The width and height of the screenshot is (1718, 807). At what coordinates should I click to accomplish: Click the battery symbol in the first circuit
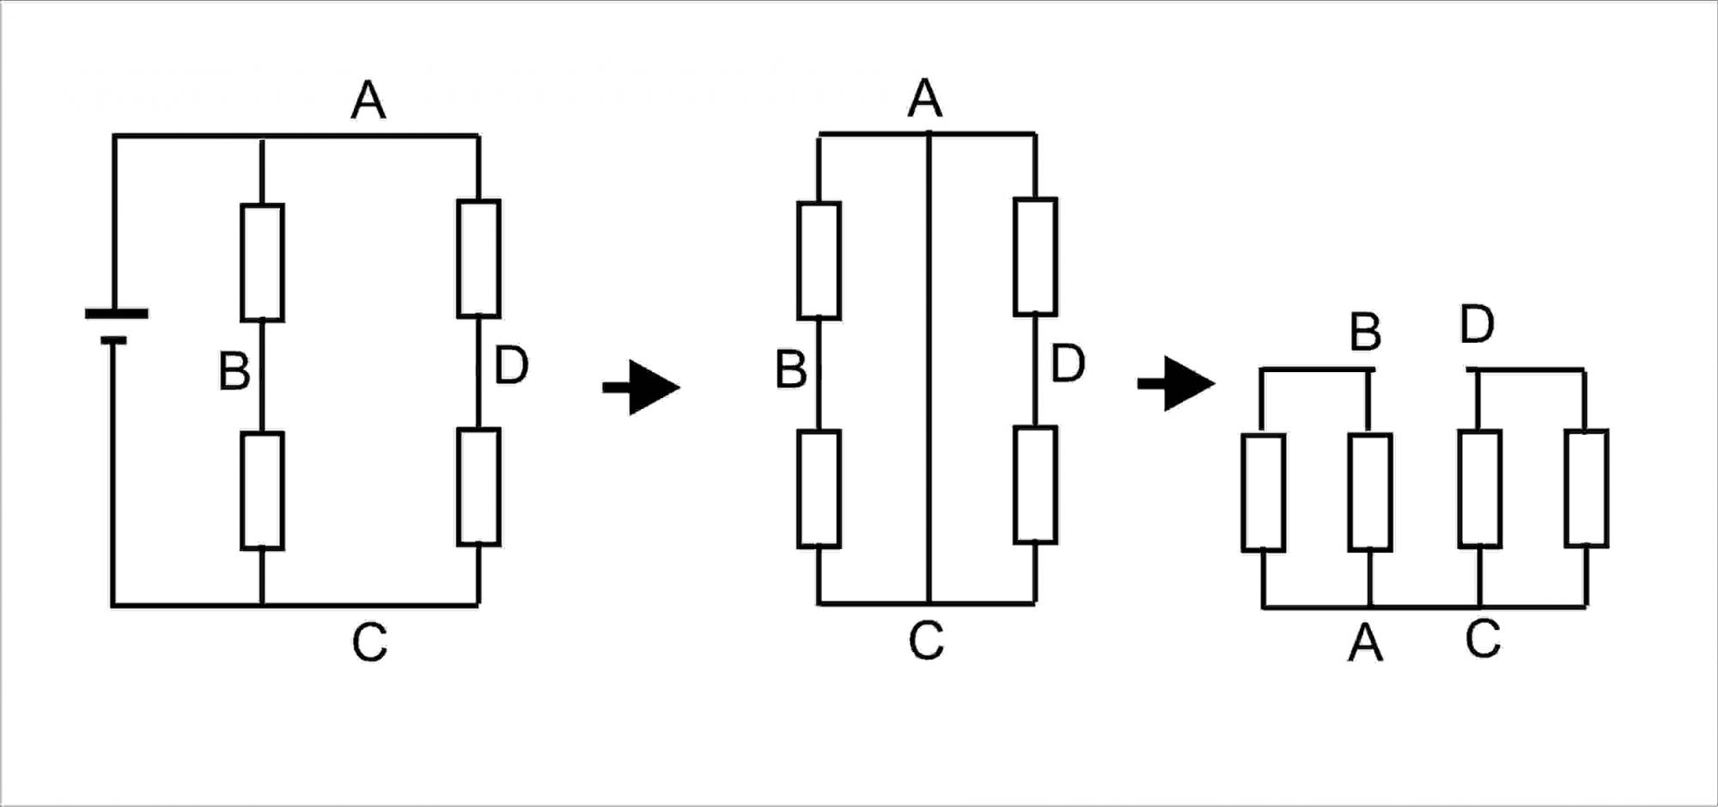tap(116, 327)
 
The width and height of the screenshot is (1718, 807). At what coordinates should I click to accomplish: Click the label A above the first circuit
tap(369, 101)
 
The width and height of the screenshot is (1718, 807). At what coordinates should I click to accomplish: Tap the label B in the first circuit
tap(235, 372)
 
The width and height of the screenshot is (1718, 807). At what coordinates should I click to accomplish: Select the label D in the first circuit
tap(511, 365)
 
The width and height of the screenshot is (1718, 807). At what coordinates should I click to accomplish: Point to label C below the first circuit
tap(369, 642)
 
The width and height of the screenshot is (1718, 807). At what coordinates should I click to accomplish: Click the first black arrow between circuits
tap(643, 388)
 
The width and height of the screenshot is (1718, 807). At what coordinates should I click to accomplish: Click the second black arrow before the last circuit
tap(1177, 383)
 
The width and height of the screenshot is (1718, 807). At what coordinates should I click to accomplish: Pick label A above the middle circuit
tap(925, 98)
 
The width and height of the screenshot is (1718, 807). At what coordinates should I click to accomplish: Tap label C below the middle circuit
tap(926, 640)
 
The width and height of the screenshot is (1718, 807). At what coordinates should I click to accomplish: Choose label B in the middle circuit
tap(791, 370)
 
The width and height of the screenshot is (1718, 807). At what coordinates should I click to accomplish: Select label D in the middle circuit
tap(1068, 364)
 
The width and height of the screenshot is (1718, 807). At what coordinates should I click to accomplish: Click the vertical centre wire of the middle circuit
tap(929, 370)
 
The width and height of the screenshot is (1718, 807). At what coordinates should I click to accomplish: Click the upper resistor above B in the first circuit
tap(262, 262)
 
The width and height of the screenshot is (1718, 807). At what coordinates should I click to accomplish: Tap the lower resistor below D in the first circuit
tap(478, 487)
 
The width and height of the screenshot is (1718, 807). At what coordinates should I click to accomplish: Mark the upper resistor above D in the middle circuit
tap(1035, 257)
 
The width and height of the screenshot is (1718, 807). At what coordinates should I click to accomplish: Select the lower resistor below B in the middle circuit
tap(819, 489)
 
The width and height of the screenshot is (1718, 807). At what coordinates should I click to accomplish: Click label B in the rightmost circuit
tap(1366, 332)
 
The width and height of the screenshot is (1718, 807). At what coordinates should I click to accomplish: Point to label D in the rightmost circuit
tap(1477, 325)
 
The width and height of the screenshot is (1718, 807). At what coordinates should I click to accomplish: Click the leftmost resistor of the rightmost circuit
tap(1264, 492)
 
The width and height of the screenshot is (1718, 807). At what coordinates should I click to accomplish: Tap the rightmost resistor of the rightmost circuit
tap(1586, 489)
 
